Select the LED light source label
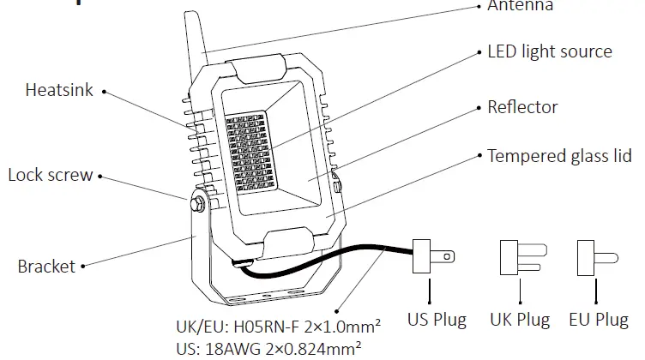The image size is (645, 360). click(x=550, y=51)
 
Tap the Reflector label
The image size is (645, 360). click(x=522, y=107)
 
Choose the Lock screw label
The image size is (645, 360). click(x=50, y=176)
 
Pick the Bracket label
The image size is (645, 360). click(x=46, y=267)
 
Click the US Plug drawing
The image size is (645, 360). click(x=432, y=256)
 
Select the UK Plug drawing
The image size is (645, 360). click(x=519, y=256)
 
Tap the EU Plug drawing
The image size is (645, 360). click(x=597, y=256)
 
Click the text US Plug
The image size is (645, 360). click(x=437, y=321)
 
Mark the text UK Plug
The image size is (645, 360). click(x=520, y=321)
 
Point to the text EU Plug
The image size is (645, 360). click(x=599, y=321)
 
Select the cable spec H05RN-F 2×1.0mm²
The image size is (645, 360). click(x=278, y=327)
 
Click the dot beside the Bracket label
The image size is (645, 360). click(x=83, y=267)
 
